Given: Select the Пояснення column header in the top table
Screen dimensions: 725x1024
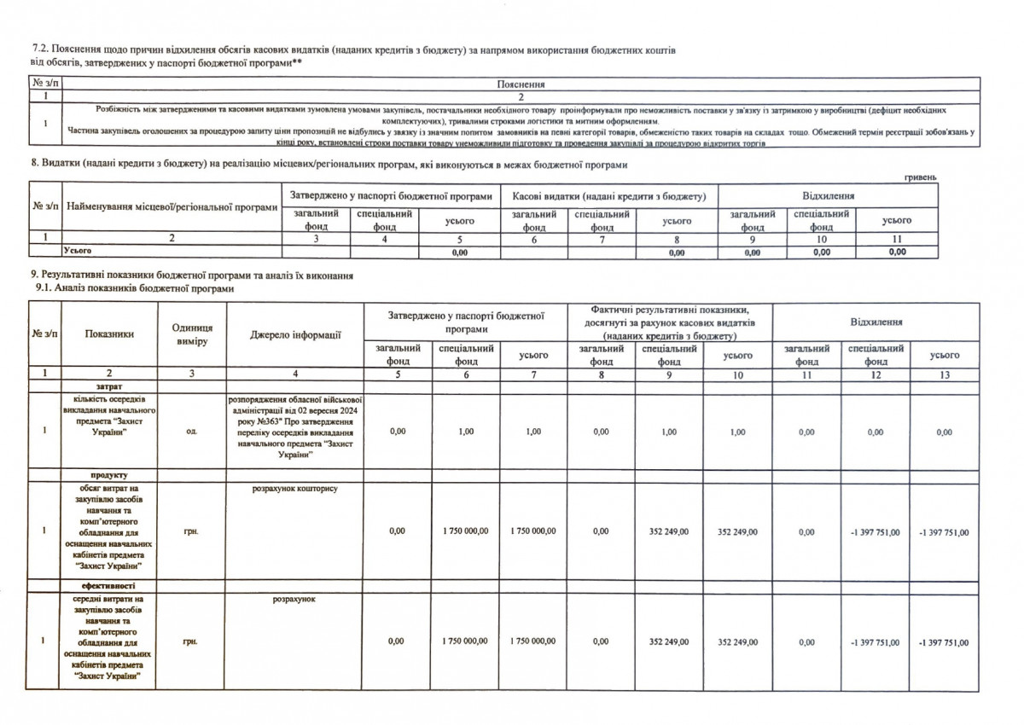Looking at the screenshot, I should point(520,84).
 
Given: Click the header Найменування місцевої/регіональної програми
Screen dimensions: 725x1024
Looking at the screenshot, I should point(172,207).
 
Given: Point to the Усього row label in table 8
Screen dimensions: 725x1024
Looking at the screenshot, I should point(77,252).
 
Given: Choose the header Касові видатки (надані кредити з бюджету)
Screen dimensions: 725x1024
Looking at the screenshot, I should point(609,196).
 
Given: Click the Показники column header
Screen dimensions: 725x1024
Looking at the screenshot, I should point(108,334).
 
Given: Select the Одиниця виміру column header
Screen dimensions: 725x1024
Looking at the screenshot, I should point(191,334).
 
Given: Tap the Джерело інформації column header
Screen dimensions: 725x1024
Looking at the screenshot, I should point(295,334).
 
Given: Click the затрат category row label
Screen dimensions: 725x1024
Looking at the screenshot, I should point(108,386).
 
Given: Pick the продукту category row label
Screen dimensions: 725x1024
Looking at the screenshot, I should point(108,474).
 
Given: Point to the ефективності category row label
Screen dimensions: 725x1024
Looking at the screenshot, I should point(108,587).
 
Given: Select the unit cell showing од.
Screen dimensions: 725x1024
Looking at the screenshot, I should point(191,432).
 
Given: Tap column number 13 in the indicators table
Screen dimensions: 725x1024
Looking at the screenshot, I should point(943,374).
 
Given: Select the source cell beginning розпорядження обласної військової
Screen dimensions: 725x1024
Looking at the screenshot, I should point(295,426).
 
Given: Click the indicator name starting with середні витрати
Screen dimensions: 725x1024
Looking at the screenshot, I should point(108,638).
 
